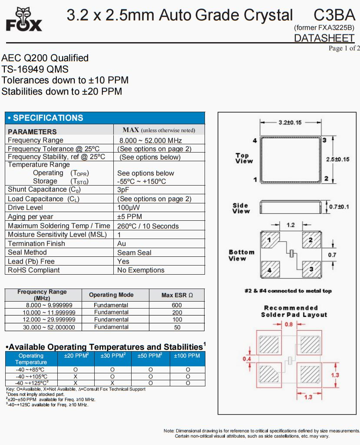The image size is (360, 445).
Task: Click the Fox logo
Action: [x=24, y=20]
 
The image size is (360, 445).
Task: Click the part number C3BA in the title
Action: [x=334, y=16]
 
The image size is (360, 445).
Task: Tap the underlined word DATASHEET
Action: [x=324, y=38]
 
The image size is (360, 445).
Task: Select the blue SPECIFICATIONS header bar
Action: [x=105, y=118]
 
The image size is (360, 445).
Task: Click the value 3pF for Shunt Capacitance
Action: [x=123, y=190]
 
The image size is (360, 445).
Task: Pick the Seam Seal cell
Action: [x=134, y=252]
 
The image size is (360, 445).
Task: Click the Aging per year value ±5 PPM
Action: [x=129, y=217]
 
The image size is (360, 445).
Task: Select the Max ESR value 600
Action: [x=177, y=305]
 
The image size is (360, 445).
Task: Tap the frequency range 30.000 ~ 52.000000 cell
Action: [x=43, y=327]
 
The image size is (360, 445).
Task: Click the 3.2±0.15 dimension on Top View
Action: [x=290, y=123]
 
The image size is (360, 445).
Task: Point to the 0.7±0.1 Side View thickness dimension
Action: [x=339, y=206]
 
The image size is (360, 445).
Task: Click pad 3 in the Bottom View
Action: [x=311, y=269]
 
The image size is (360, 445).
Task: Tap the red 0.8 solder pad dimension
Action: [x=288, y=324]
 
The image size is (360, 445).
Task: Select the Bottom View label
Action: [x=241, y=255]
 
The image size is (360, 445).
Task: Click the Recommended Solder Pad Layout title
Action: [x=294, y=311]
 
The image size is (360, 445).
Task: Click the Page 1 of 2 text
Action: [x=344, y=48]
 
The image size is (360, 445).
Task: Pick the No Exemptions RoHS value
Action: [x=141, y=270]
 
